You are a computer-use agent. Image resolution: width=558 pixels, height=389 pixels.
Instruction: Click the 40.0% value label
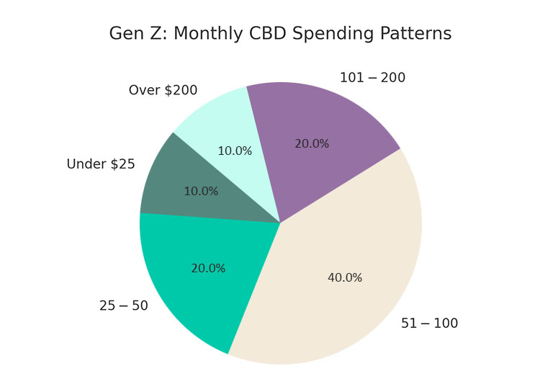345,278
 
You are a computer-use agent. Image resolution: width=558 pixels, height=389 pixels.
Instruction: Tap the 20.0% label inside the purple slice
312,144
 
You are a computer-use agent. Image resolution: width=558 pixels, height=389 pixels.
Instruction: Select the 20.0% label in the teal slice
208,269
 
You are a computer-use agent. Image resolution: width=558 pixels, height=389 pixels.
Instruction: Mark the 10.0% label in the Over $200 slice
235,151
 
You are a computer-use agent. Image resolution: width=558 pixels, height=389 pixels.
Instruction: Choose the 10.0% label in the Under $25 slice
201,192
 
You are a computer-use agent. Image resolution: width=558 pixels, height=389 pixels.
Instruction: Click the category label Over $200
163,91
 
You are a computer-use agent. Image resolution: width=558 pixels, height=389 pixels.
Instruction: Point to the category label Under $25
101,164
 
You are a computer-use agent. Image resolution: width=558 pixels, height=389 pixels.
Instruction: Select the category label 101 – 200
372,78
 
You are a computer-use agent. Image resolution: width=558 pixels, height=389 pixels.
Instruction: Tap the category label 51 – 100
429,323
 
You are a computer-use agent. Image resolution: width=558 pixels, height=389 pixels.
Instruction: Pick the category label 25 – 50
124,306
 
